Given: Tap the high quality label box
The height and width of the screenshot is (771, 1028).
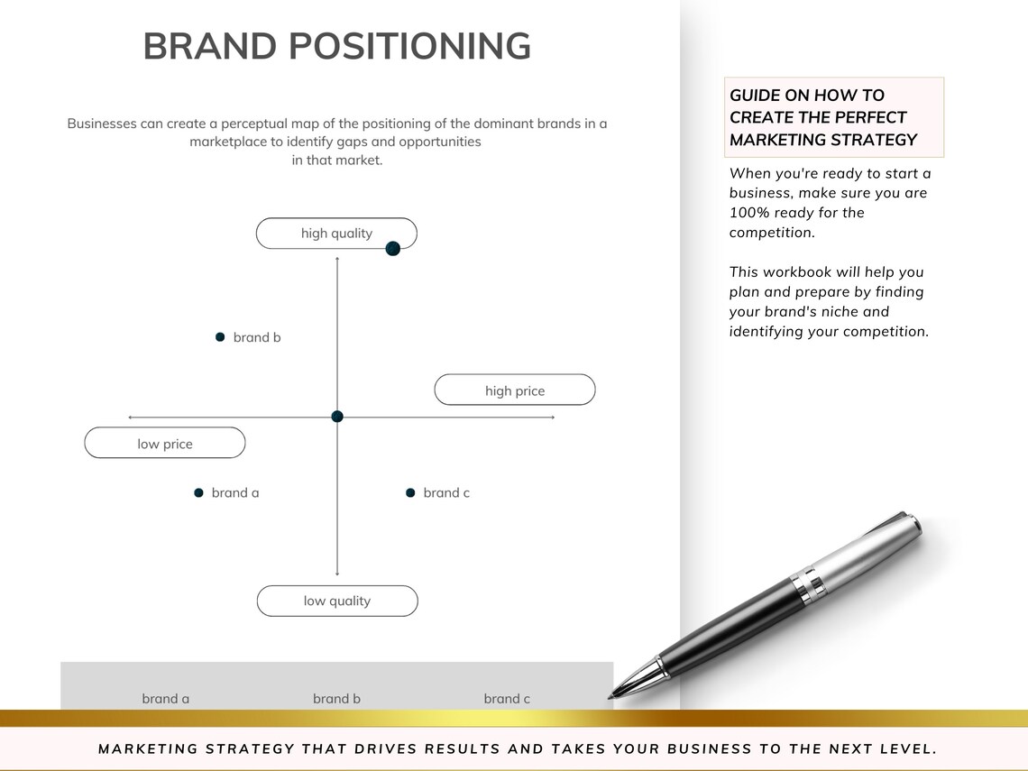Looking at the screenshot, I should coord(335,234).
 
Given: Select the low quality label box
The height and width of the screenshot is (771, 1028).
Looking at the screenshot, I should coord(337,601).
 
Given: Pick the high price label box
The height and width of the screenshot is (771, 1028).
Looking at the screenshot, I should coord(515,390).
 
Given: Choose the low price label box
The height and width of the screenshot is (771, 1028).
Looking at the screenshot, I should coord(165,444).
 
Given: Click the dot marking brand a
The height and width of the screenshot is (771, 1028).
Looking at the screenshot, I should coord(198,493).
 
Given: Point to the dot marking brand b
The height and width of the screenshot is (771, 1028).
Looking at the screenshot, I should coord(220,337).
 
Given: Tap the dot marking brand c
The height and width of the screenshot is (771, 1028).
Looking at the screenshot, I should coord(410,493).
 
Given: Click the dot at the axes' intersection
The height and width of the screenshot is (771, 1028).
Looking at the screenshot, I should coord(337,417).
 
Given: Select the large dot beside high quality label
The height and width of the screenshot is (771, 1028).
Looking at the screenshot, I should coord(392,249).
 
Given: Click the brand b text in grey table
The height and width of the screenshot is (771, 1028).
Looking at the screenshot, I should coord(336,699).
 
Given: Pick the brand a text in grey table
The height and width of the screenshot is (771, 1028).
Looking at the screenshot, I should coord(166,699).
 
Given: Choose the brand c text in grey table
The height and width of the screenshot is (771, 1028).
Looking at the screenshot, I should coord(507,699).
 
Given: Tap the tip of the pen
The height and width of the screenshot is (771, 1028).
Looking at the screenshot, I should coord(612,695).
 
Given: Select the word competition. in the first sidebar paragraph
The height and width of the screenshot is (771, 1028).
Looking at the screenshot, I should coord(772,233).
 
